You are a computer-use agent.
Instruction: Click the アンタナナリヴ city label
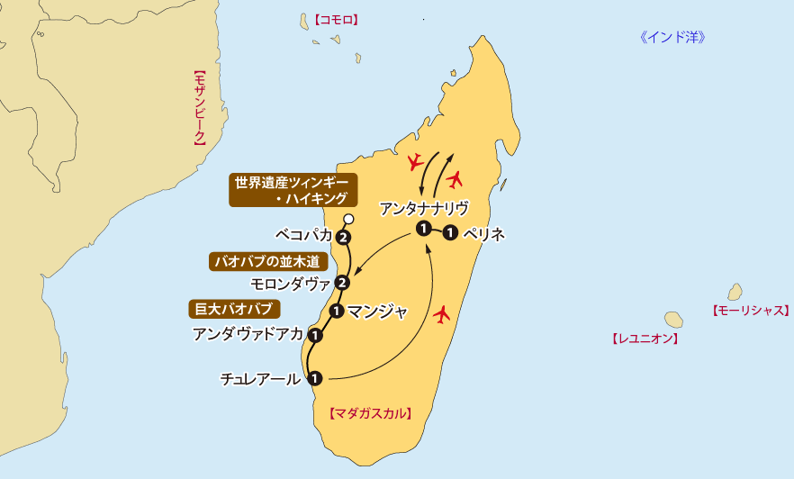424,208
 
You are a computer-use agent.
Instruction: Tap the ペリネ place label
483,236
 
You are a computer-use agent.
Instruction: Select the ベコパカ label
304,237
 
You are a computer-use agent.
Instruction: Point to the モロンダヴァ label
291,284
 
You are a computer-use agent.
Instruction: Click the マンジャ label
377,312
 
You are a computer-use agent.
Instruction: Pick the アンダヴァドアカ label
248,335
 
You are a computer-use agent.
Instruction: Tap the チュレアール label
260,379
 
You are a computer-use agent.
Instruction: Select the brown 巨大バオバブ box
233,309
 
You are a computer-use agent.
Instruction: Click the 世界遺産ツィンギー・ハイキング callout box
293,190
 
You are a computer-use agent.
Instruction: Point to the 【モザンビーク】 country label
200,108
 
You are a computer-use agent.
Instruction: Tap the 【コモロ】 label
338,18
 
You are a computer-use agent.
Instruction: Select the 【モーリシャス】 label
749,311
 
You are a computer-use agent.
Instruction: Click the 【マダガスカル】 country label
371,414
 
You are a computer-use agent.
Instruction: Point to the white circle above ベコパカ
348,219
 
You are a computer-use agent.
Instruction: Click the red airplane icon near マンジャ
441,315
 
